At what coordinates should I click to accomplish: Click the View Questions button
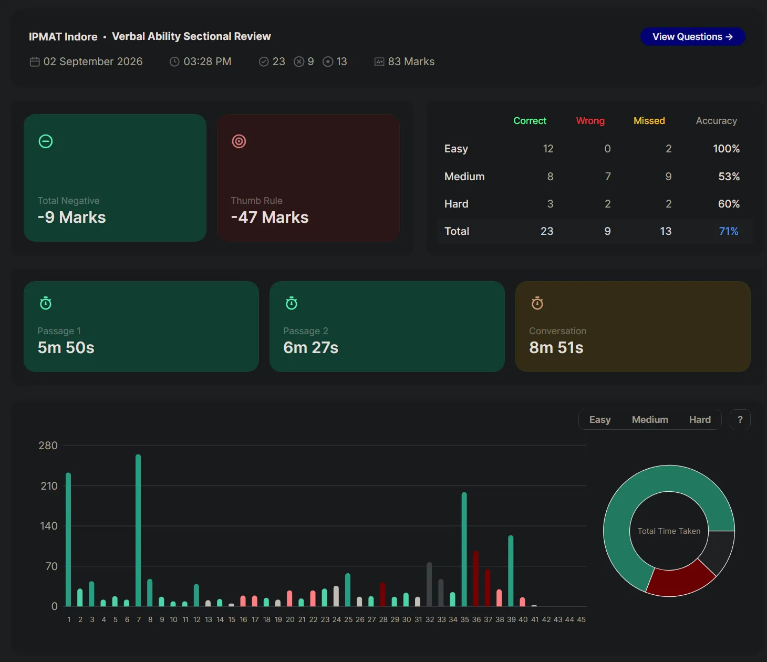point(692,37)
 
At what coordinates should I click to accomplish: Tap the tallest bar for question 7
point(138,530)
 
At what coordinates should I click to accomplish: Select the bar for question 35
point(464,549)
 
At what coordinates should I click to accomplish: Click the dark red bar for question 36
point(476,578)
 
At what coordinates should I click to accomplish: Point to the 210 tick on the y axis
point(49,486)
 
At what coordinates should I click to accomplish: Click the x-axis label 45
point(581,619)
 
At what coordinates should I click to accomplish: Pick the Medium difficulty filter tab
point(650,420)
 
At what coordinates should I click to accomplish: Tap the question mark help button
point(740,420)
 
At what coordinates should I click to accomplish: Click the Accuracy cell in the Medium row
point(729,176)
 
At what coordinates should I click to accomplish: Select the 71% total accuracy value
point(729,231)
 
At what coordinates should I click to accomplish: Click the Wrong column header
point(590,121)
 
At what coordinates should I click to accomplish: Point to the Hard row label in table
point(457,204)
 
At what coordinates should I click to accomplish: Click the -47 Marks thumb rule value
point(270,217)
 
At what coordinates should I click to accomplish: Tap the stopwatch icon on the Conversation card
point(537,303)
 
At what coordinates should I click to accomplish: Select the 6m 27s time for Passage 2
point(310,348)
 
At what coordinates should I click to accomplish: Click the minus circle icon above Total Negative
point(46,141)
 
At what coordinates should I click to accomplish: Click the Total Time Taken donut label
point(669,531)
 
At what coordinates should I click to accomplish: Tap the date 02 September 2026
point(93,61)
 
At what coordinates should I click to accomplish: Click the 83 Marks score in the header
point(411,61)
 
